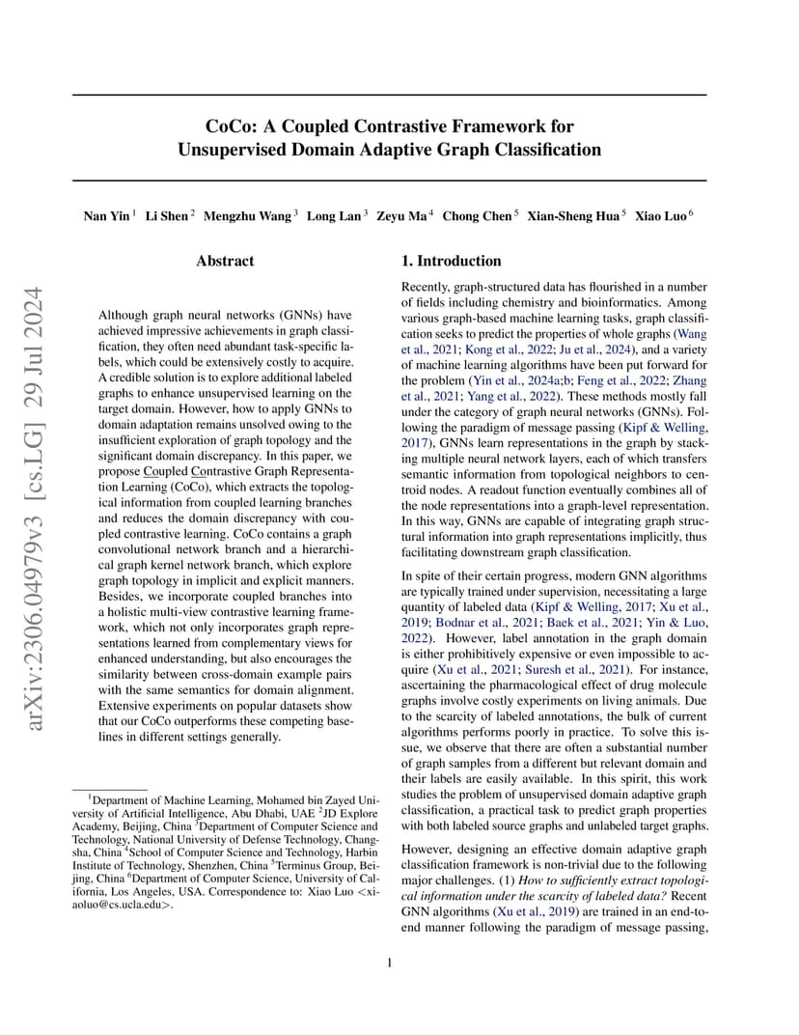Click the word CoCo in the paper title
[x=229, y=126]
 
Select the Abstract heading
[x=225, y=261]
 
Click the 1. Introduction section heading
[x=451, y=261]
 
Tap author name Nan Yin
[x=106, y=216]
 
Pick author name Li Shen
[x=166, y=216]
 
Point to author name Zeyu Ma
[x=401, y=216]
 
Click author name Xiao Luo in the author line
[x=660, y=216]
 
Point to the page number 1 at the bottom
[x=389, y=963]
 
